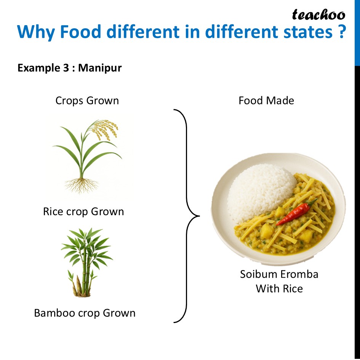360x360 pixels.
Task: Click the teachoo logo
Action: tap(318, 15)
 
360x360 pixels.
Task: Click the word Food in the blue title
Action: tap(81, 32)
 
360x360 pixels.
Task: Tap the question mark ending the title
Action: tap(342, 32)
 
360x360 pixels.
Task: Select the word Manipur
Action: tap(100, 68)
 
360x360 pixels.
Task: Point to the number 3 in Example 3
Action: tap(66, 68)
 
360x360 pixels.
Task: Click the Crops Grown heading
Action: tap(87, 101)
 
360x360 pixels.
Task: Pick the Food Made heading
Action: tap(266, 101)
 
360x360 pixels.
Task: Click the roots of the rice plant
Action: tap(82, 185)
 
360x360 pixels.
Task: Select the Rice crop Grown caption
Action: tap(83, 211)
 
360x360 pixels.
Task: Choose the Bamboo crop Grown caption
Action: tap(85, 313)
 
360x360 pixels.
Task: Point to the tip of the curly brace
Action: tap(199, 216)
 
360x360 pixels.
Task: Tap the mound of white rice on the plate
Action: tap(261, 192)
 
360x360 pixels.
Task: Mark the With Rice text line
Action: tap(279, 289)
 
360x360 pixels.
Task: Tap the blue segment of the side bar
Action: tap(357, 33)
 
